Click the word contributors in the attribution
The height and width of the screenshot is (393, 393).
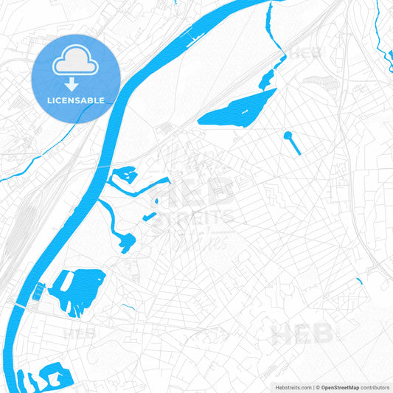pos(376,386)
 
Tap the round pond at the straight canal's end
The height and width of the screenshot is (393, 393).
pos(288,136)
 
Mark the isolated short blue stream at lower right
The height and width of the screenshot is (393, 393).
pos(360,282)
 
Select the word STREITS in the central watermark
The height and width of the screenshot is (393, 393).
pos(195,216)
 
